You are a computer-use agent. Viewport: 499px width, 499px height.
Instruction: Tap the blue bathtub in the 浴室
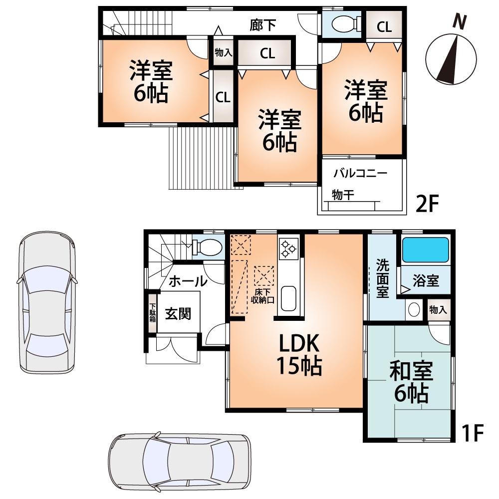pos(426,250)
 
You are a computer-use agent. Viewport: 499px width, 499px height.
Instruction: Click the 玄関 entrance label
pos(179,314)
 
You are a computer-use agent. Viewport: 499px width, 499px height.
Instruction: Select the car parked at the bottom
pos(180,457)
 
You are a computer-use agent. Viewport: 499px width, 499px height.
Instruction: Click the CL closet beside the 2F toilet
pos(384,27)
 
